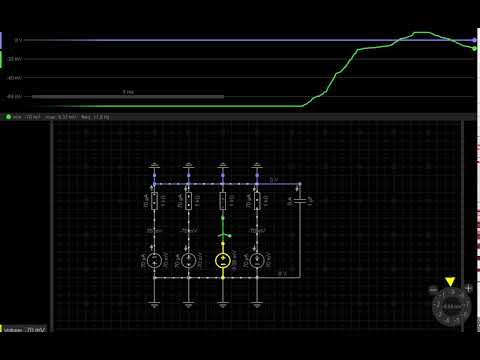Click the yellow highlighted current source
tap(223, 260)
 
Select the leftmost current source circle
tap(155, 260)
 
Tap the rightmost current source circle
tap(257, 260)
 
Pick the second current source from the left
tap(189, 260)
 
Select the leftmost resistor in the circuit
tap(155, 202)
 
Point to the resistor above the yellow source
tap(223, 202)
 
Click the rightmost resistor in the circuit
tap(257, 202)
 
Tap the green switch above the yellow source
tap(223, 236)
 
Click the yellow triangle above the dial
tap(450, 282)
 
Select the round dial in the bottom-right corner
tap(450, 307)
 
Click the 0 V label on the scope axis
tap(17, 40)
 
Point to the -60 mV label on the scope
tap(15, 96)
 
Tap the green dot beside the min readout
tap(8, 117)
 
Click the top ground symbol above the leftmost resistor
tap(155, 165)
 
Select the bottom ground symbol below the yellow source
tap(223, 300)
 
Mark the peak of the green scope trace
tap(421, 33)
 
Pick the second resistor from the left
tap(189, 202)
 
